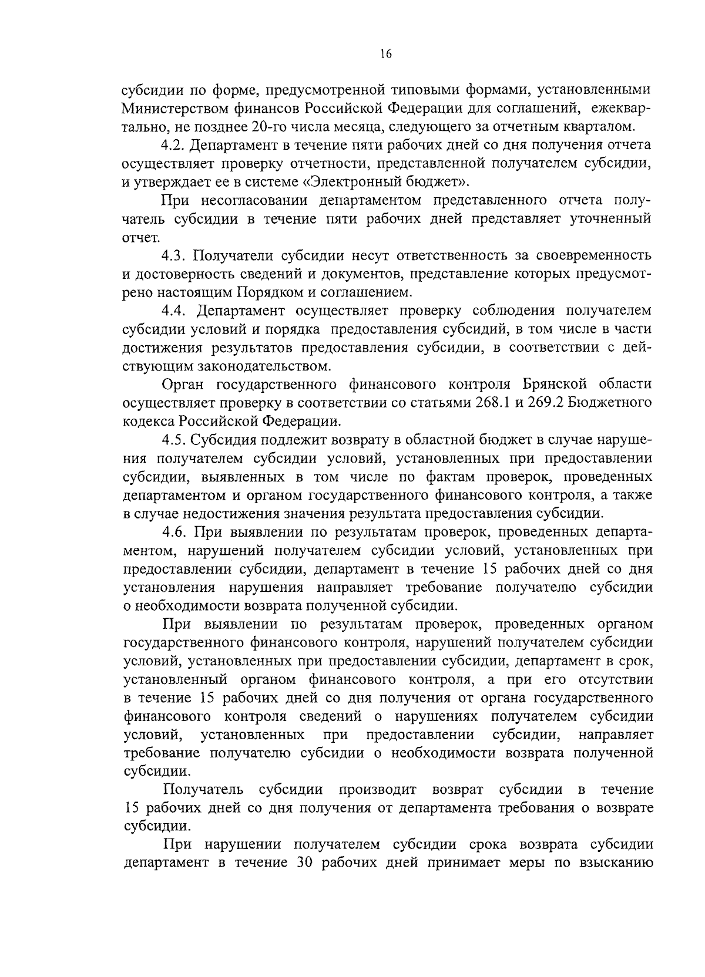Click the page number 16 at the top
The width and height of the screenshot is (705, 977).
(x=385, y=55)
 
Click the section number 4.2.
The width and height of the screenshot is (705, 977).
(x=174, y=145)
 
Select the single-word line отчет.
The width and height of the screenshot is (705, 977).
(x=140, y=237)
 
